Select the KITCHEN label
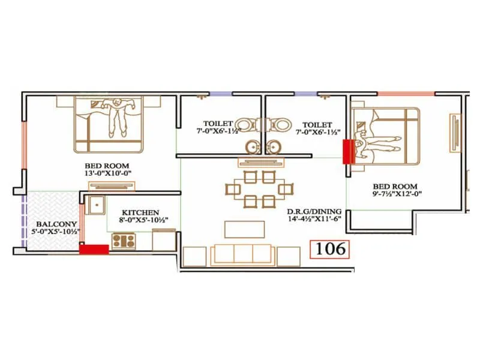coord(140,212)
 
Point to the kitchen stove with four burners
coord(123,241)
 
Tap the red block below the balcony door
coord(94,249)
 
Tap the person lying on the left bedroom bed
coord(117,115)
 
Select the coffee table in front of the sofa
coord(244,229)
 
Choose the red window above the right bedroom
coord(405,93)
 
